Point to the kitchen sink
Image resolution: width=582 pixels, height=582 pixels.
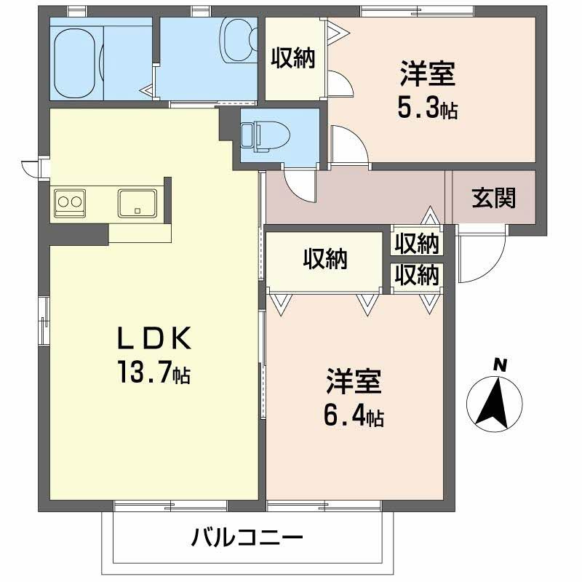coord(137,202)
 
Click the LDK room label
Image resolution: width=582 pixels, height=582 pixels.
coord(154,339)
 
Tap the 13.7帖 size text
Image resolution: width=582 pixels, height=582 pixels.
coord(154,373)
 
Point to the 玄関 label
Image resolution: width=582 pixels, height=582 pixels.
coord(494,197)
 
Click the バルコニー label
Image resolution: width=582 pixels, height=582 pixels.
coord(247,539)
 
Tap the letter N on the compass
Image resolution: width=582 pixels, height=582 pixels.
coord(500,365)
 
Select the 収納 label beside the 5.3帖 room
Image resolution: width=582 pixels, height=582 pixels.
coord(293,58)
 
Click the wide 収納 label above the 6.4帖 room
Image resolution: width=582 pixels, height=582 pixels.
coord(324,259)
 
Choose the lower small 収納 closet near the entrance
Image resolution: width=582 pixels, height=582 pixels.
coord(418,275)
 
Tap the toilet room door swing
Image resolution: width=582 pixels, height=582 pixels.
coord(300,184)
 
